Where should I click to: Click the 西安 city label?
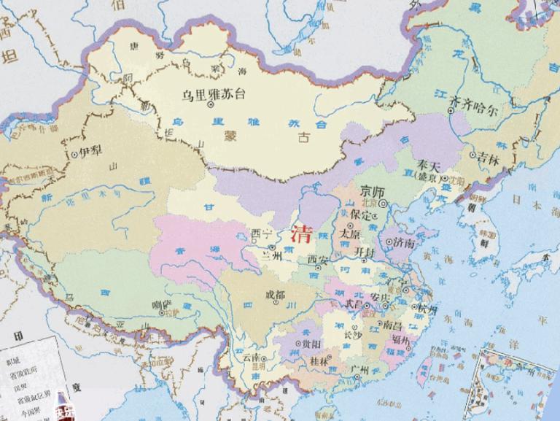319,259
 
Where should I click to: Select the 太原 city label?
351,234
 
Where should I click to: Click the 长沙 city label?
352,335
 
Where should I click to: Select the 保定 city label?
362,216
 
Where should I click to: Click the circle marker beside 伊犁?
75,155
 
